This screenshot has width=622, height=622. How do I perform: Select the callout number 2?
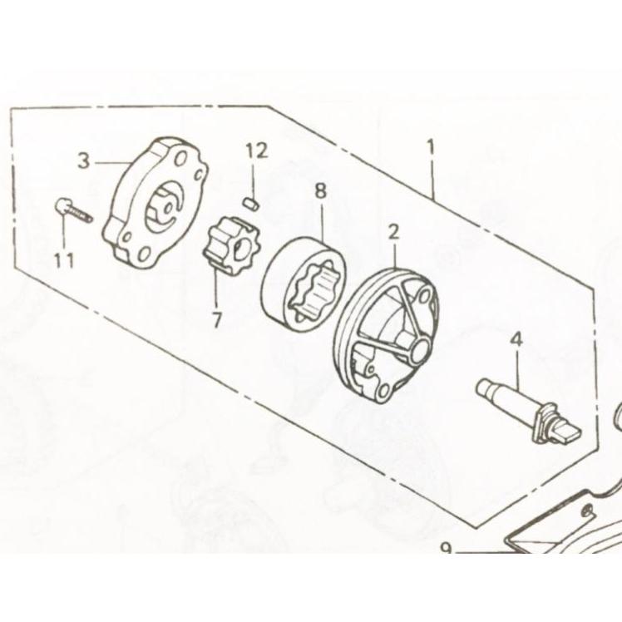[393, 233]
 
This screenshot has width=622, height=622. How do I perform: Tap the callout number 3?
[84, 161]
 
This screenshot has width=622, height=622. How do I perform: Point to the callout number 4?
[516, 339]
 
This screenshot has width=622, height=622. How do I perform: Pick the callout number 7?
[216, 319]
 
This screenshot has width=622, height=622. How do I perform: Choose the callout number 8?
[320, 190]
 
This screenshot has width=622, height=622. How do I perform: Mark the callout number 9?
[447, 549]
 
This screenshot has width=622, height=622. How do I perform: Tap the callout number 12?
[257, 151]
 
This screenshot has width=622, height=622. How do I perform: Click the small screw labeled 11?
[73, 210]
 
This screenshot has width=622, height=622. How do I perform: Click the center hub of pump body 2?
[420, 348]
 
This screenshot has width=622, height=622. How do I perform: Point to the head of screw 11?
[61, 205]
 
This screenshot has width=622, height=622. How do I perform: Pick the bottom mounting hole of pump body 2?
[383, 392]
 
